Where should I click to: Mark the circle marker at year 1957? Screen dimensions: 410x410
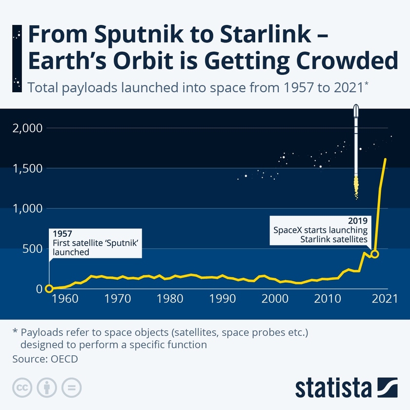point(49,288)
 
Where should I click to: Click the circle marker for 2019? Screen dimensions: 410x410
point(375,254)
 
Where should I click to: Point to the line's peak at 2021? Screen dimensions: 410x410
point(386,159)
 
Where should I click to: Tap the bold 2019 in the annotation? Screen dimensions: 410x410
point(358,221)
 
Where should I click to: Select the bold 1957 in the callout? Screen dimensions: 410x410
point(62,233)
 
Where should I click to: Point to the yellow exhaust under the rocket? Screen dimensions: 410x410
point(356,187)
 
